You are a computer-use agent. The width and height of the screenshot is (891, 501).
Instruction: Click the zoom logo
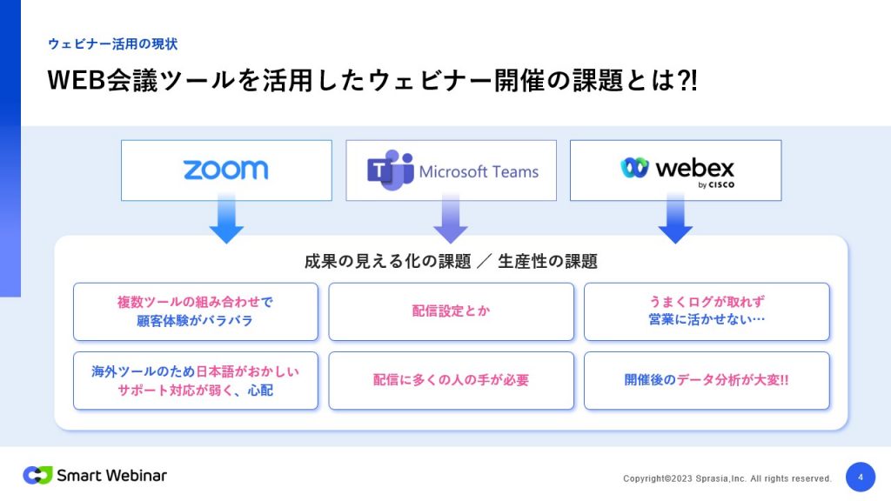click(225, 170)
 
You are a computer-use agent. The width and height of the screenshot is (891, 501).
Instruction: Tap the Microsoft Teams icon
click(389, 170)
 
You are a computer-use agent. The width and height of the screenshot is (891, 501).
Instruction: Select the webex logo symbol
click(635, 168)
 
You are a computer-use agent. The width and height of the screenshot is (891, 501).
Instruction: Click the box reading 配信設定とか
click(451, 311)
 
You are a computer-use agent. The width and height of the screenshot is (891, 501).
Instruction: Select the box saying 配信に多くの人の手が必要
click(451, 380)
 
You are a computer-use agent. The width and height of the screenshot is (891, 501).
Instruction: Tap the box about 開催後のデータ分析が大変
click(706, 380)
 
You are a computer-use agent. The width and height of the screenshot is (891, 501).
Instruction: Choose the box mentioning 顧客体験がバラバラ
click(195, 311)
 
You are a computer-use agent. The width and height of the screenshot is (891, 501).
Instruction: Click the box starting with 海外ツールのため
click(195, 380)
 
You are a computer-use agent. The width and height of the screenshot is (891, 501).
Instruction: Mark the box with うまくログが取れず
click(706, 311)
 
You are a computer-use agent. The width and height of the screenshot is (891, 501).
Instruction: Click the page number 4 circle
click(860, 477)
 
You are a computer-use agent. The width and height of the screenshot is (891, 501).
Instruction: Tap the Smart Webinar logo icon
click(37, 475)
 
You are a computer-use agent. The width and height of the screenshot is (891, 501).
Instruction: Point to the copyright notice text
click(727, 478)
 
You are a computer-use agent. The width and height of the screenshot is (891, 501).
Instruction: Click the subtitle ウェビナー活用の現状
click(112, 43)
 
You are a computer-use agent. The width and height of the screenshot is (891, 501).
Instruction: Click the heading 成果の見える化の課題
click(387, 261)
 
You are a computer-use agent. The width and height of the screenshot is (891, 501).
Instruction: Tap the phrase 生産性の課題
click(547, 261)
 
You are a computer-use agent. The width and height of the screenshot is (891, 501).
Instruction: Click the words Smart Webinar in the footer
click(111, 475)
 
